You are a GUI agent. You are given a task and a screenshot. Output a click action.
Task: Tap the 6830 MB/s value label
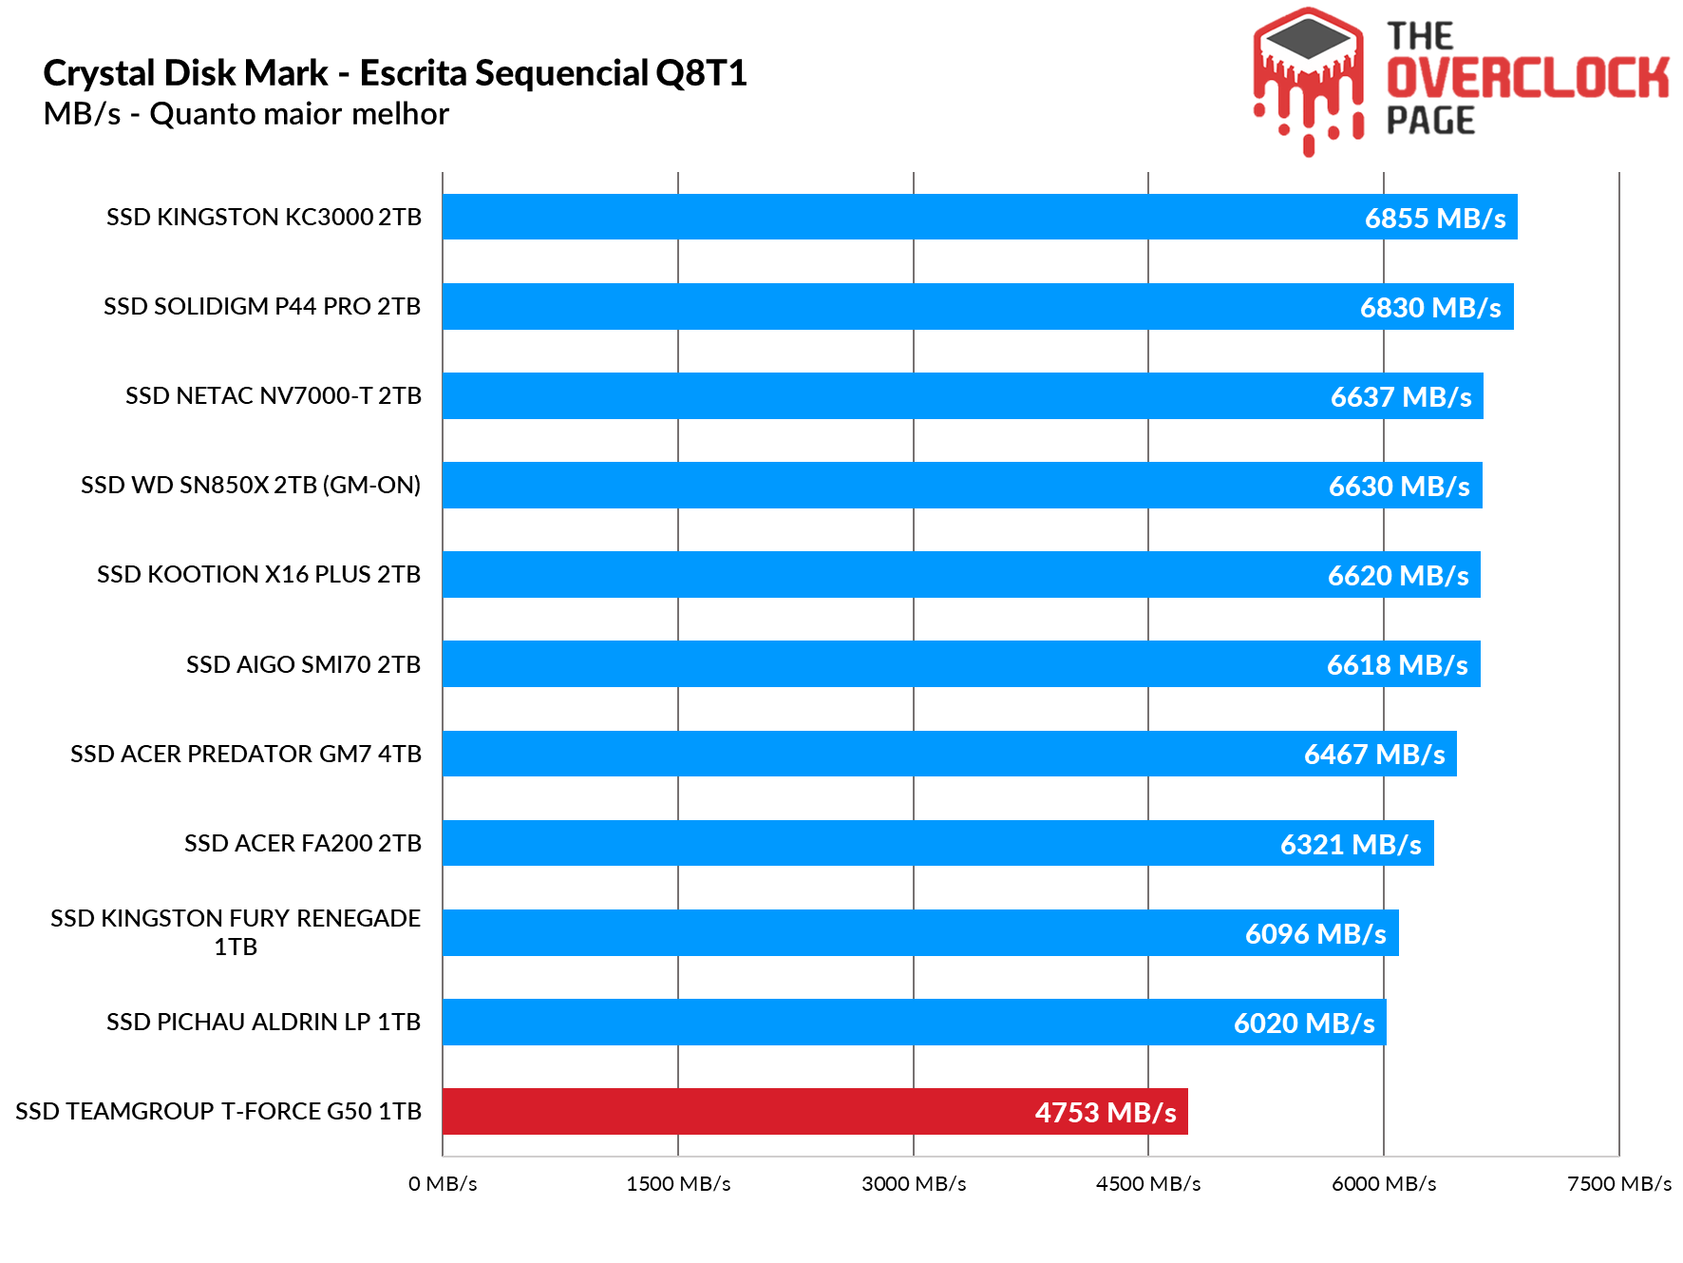(x=1429, y=307)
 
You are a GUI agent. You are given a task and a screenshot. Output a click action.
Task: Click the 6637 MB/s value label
(x=1400, y=396)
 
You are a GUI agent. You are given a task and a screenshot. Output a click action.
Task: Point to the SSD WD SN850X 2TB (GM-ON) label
(x=251, y=485)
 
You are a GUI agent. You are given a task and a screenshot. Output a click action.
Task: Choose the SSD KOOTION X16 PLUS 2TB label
(x=258, y=574)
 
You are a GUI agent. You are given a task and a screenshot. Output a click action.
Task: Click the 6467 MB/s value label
(x=1373, y=754)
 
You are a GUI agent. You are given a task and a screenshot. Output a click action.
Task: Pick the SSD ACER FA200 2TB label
(x=302, y=843)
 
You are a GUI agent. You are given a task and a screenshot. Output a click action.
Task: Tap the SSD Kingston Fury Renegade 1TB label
(x=236, y=931)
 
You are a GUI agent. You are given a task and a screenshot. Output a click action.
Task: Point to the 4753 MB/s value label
(x=1105, y=1112)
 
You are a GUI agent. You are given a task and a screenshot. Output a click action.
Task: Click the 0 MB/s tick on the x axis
(x=443, y=1183)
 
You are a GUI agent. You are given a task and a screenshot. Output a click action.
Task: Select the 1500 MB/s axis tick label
(x=678, y=1183)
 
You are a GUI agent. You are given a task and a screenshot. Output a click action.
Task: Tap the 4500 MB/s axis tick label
(x=1148, y=1183)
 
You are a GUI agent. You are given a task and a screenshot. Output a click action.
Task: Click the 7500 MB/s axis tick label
(x=1618, y=1183)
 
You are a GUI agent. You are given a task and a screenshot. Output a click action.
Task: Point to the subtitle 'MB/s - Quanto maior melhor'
(x=246, y=114)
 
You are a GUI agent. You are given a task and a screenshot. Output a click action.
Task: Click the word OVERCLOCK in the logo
(x=1527, y=78)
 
